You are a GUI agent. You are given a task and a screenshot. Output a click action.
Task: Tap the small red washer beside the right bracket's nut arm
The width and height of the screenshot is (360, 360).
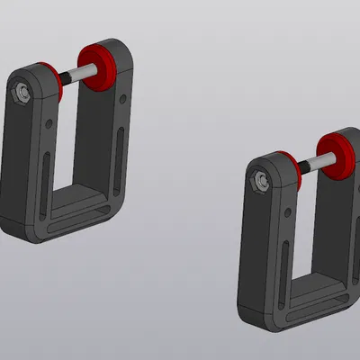tap(293, 168)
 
